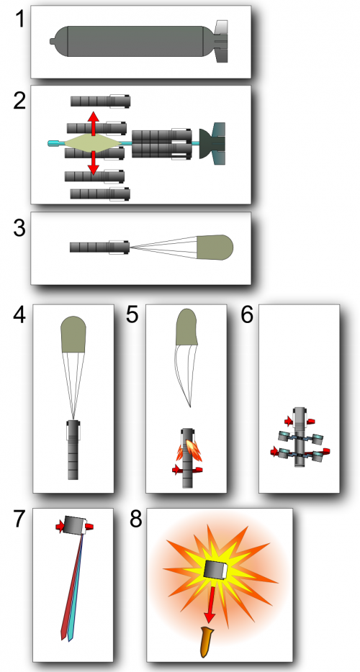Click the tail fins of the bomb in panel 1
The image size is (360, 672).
pyautogui.click(x=220, y=42)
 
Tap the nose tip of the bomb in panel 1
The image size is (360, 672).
pyautogui.click(x=51, y=41)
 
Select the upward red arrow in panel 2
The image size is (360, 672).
pyautogui.click(x=92, y=121)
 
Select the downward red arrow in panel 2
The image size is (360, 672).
pyautogui.click(x=92, y=163)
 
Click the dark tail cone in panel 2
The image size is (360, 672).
pyautogui.click(x=214, y=142)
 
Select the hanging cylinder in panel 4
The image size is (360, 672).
pyautogui.click(x=73, y=450)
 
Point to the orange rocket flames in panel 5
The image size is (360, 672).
pyautogui.click(x=189, y=449)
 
